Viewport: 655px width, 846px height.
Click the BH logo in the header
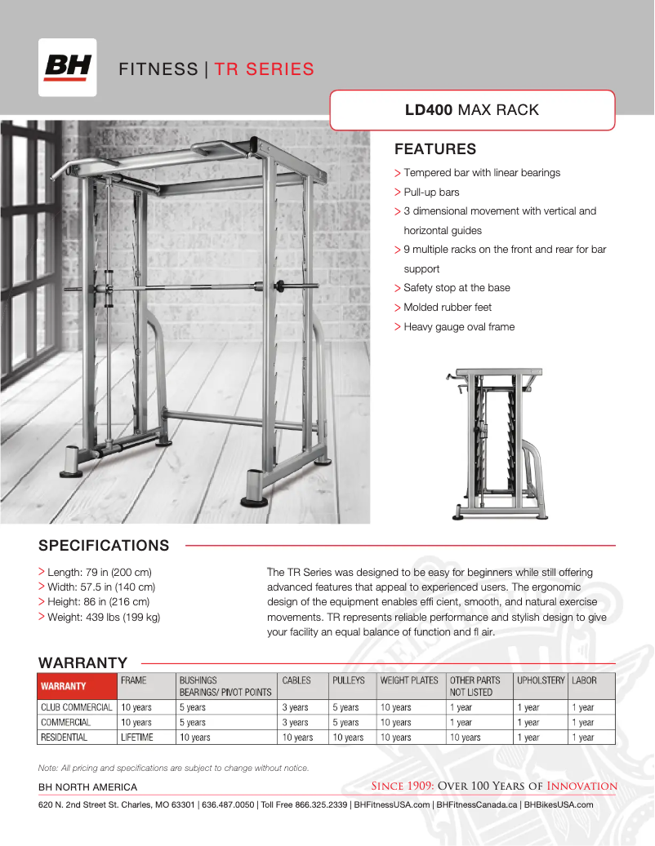coord(67,68)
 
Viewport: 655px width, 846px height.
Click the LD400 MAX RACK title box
coord(472,110)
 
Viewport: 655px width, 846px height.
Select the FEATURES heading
coord(434,149)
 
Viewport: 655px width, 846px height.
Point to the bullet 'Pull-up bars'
coord(431,193)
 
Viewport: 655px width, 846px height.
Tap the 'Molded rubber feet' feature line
coord(448,308)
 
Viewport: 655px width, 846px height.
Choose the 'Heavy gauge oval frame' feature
coord(459,327)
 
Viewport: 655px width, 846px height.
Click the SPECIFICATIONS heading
coord(104,545)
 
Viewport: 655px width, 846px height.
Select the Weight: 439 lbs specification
coord(104,618)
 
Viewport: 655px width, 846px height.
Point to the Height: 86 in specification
coord(101,602)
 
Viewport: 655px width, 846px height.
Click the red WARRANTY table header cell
coord(77,686)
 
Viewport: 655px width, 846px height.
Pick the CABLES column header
coord(296,680)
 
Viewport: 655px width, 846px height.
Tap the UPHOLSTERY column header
coord(540,680)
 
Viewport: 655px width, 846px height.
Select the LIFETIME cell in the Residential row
coord(136,737)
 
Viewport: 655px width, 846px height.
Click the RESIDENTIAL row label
coord(65,737)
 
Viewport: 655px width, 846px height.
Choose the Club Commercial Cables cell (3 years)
coord(295,708)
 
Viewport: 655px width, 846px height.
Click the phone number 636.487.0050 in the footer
coord(228,804)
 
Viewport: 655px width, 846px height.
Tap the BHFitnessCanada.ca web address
coord(477,804)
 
